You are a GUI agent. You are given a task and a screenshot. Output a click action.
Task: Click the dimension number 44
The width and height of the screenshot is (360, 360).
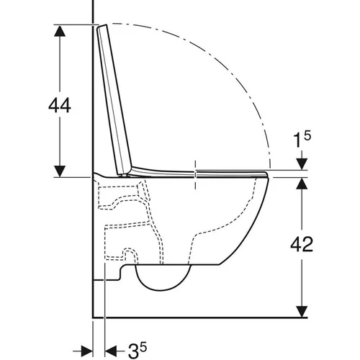point(60,105)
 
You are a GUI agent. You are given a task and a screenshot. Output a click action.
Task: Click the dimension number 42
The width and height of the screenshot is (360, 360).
point(302,244)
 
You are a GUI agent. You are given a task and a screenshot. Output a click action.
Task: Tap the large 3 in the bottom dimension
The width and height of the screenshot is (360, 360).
point(133,352)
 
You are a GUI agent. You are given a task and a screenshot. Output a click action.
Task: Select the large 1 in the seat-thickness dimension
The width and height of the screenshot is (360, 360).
point(297,140)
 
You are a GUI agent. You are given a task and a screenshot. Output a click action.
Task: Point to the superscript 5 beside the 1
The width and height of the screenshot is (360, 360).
point(307,135)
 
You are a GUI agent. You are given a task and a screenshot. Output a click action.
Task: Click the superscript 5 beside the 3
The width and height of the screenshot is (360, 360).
point(143,348)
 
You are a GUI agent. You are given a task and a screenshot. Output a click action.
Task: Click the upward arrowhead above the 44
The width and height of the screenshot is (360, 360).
point(60,30)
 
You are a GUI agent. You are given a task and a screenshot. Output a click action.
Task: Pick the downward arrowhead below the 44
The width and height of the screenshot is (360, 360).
point(60,171)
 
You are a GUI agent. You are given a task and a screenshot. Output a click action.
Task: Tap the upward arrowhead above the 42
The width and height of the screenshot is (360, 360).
point(302,184)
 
